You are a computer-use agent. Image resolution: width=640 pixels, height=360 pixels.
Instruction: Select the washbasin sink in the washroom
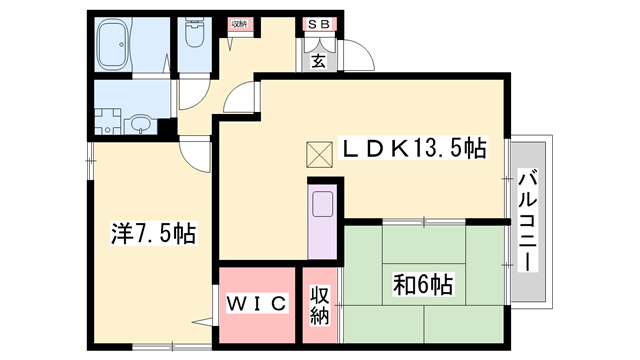[141, 125]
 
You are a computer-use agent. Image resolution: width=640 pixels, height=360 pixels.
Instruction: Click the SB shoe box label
[320, 23]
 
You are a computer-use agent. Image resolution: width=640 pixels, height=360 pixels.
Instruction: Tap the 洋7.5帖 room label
[152, 235]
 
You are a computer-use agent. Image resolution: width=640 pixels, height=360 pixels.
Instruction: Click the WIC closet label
[257, 301]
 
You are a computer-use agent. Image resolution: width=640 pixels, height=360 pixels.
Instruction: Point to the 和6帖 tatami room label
[425, 285]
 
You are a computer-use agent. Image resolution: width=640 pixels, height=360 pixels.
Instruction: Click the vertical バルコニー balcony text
[526, 221]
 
